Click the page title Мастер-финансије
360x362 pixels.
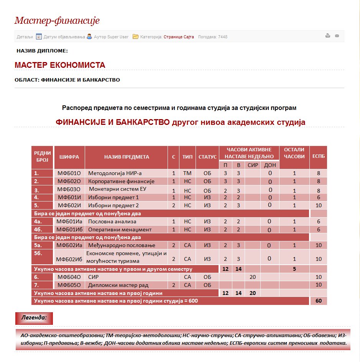[x=57, y=21]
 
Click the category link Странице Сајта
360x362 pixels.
[x=179, y=37]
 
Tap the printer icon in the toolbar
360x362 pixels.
[x=328, y=36]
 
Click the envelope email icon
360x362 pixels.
[x=337, y=36]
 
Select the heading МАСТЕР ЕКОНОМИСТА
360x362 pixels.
[x=60, y=65]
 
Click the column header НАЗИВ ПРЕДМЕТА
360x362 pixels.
[x=127, y=157]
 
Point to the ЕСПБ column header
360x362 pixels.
[x=318, y=156]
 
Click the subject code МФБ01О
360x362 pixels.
[x=69, y=173]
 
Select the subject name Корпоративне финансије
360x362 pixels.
[x=121, y=181]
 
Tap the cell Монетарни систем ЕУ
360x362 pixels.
[x=118, y=189]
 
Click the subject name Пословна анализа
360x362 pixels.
[x=112, y=221]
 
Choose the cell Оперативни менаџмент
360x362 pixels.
[x=120, y=229]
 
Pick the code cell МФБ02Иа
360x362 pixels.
[x=69, y=245]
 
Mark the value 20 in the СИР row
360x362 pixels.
[x=252, y=277]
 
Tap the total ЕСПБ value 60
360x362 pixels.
[x=318, y=301]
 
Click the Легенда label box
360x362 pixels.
[x=34, y=318]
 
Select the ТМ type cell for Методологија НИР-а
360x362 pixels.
[x=187, y=173]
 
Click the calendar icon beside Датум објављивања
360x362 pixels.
[x=39, y=37]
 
